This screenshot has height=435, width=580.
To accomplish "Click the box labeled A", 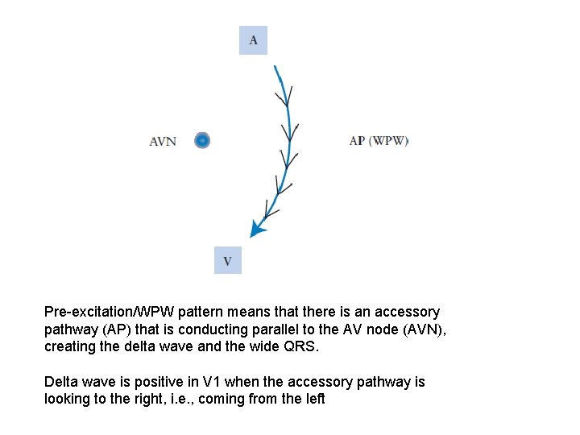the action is [x=253, y=40].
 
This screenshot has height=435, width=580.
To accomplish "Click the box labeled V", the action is [x=227, y=261].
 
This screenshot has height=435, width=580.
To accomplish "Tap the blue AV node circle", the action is [x=202, y=141].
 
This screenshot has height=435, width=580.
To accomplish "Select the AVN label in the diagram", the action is [x=163, y=142].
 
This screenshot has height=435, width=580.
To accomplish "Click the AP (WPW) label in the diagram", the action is [x=379, y=141].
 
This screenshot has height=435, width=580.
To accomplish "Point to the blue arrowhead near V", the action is [x=257, y=229].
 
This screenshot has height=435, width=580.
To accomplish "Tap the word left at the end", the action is [x=315, y=400].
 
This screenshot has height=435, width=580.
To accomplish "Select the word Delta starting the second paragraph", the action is [x=60, y=382].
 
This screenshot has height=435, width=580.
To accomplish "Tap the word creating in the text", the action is [x=68, y=347].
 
